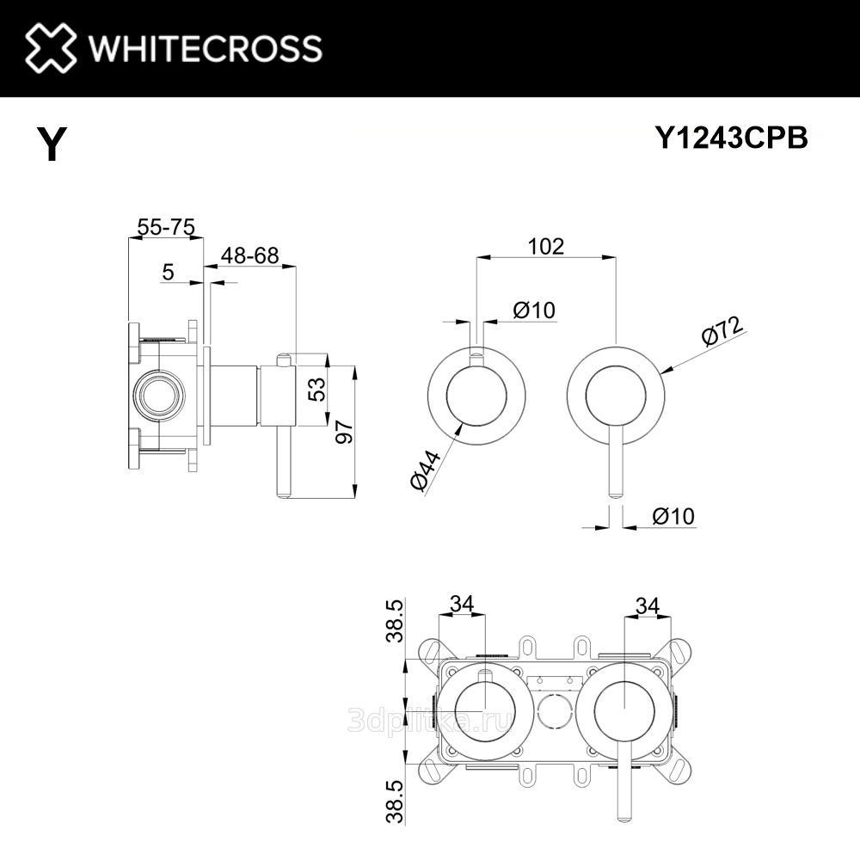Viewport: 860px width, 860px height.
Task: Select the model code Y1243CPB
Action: coord(732,138)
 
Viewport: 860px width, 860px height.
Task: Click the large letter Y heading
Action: coord(52,143)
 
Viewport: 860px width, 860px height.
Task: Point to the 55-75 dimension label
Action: coord(166,226)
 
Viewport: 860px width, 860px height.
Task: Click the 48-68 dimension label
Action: coord(249,255)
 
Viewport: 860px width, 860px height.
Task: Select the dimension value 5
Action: coord(168,272)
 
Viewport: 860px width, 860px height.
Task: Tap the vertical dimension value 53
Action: coord(317,389)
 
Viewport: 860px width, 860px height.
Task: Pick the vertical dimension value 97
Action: coord(345,432)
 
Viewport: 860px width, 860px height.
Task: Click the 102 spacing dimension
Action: coord(546,246)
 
